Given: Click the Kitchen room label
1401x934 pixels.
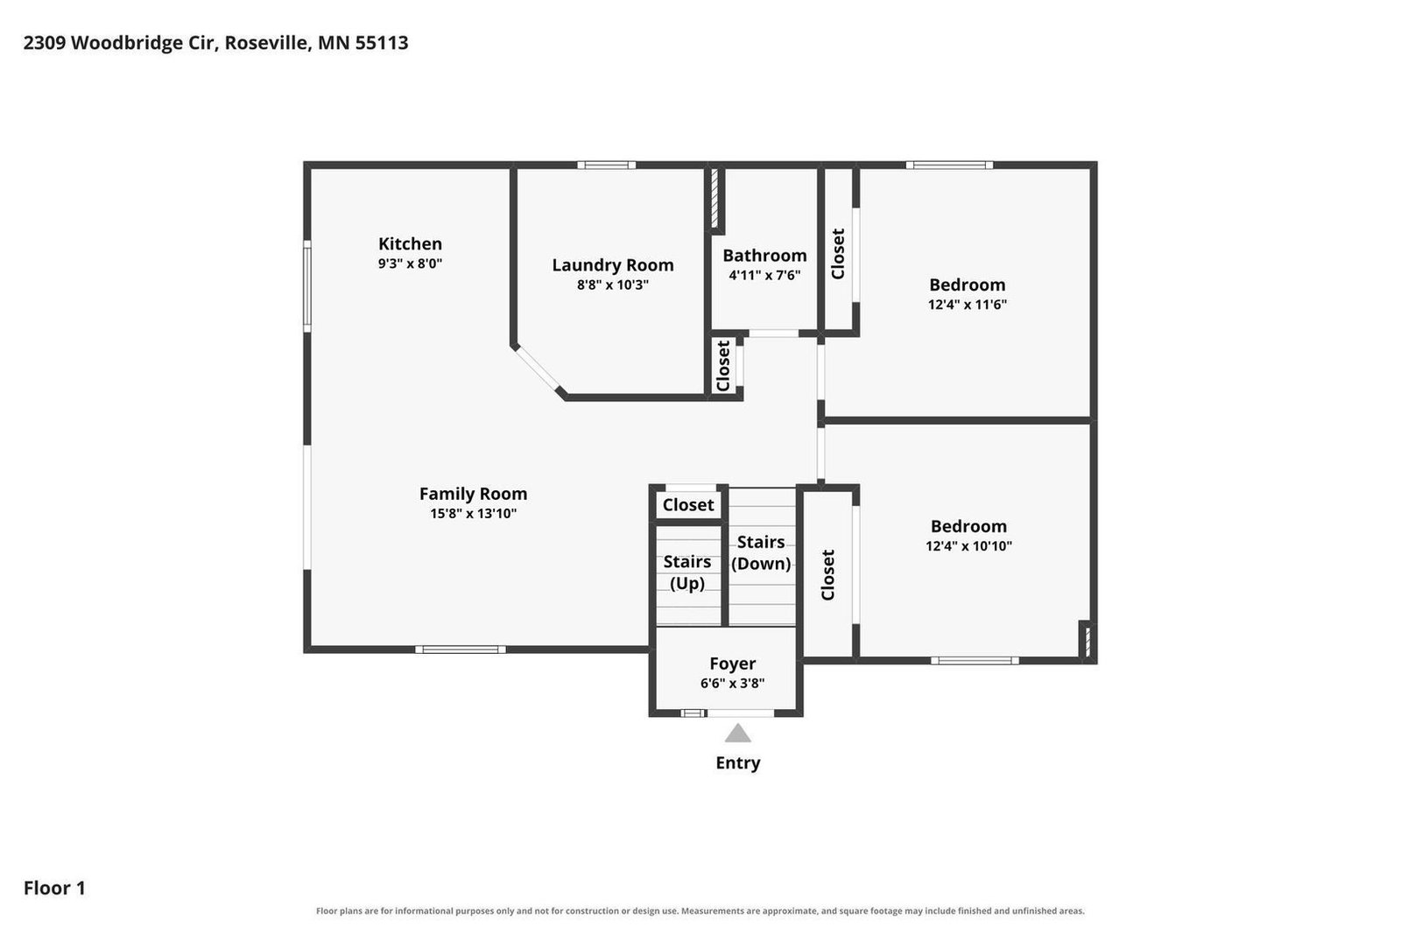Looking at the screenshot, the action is click(x=410, y=244).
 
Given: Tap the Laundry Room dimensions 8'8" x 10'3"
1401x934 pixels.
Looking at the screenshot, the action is click(x=612, y=285).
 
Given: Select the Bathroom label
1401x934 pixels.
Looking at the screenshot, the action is click(x=764, y=256).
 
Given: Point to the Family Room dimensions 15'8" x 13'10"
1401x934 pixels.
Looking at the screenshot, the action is click(x=473, y=514).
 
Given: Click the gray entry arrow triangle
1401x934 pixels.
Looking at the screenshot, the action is click(x=737, y=734).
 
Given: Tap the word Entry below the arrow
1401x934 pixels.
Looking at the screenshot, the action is click(x=738, y=763).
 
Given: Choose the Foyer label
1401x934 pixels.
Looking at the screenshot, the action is click(x=732, y=664).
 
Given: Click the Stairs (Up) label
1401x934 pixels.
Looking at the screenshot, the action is click(x=687, y=572).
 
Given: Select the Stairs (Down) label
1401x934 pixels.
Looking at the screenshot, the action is click(x=761, y=552).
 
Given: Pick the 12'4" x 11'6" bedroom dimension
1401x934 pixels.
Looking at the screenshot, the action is click(x=967, y=305).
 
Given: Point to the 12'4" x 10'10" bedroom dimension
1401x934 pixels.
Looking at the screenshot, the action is click(x=968, y=546).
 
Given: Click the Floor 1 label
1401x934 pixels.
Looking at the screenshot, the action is click(x=54, y=888).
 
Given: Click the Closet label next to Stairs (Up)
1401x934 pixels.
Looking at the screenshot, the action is click(x=688, y=505).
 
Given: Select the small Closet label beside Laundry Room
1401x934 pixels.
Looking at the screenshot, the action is click(x=723, y=367).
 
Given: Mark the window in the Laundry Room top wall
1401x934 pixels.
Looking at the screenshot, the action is click(x=606, y=165).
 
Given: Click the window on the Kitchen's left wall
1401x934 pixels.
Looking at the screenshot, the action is click(x=307, y=286).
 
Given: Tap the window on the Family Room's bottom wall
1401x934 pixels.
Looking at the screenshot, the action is click(x=461, y=650).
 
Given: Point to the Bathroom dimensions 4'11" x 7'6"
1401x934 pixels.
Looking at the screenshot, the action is click(x=764, y=276).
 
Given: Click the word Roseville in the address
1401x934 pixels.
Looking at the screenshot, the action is click(x=267, y=43).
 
